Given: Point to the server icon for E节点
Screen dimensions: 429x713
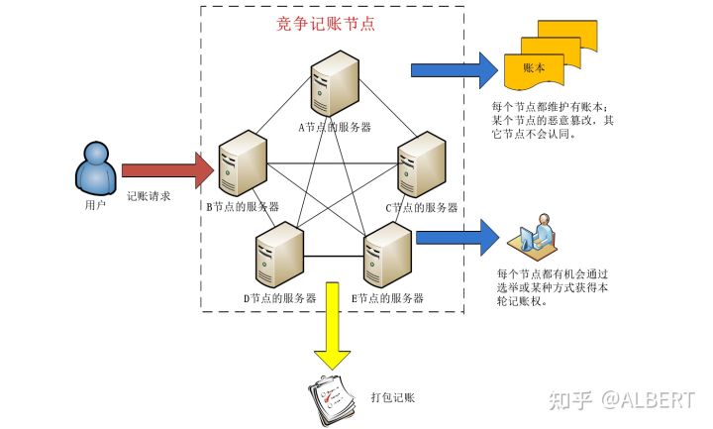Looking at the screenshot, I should tap(387, 256).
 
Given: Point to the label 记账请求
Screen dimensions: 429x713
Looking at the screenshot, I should tap(149, 196).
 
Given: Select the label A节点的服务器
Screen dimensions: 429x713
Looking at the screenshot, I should tap(335, 127).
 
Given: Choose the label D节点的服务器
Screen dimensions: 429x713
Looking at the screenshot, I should tap(279, 297).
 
